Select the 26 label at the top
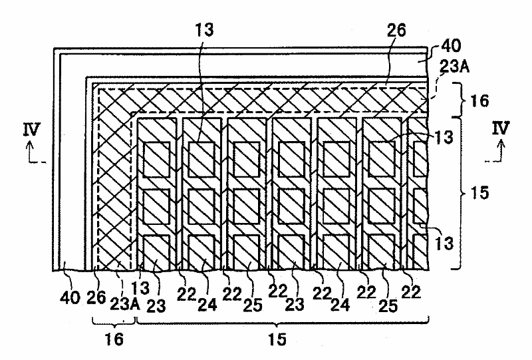click(x=397, y=30)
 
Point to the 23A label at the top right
click(x=454, y=67)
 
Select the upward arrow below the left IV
click(x=26, y=156)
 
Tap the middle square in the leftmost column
click(x=158, y=205)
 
